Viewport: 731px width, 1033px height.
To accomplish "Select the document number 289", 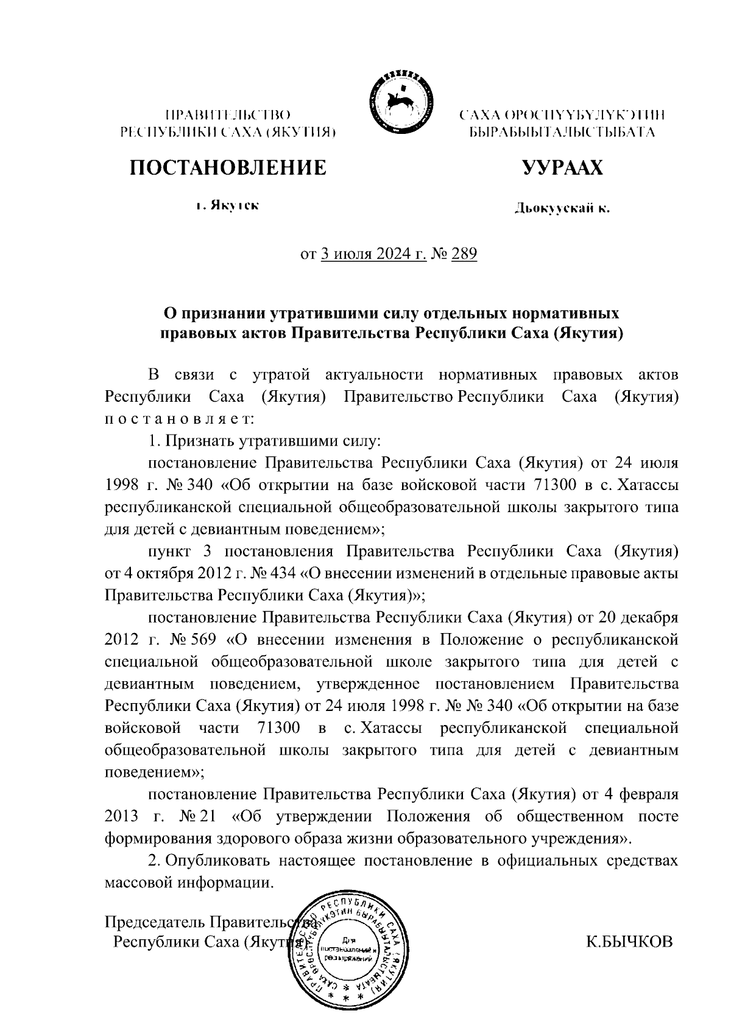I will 464,253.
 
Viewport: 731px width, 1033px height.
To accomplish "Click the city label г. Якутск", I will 227,206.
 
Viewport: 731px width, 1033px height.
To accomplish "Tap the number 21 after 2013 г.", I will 207,816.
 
